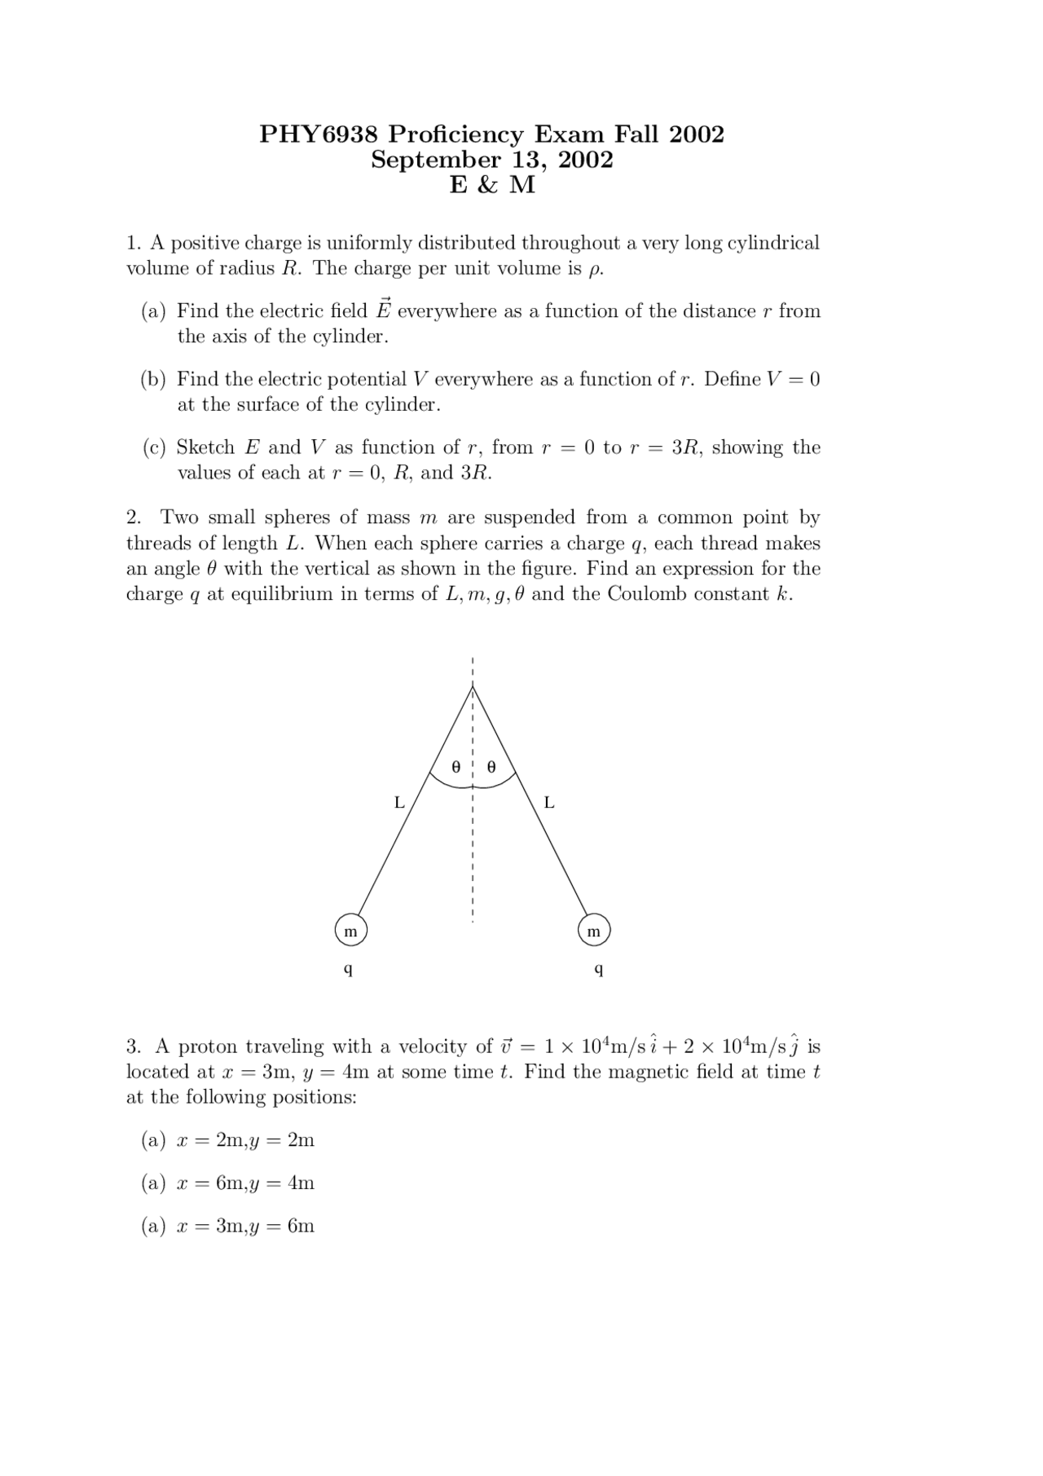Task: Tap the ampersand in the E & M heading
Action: pyautogui.click(x=487, y=186)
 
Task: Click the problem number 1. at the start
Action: pyautogui.click(x=134, y=243)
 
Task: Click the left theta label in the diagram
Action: pyautogui.click(x=456, y=767)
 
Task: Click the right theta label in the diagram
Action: pyautogui.click(x=491, y=767)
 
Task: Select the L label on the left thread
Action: pyautogui.click(x=399, y=803)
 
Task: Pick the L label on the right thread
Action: pyautogui.click(x=548, y=803)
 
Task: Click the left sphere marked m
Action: pyautogui.click(x=350, y=931)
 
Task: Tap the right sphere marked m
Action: pyautogui.click(x=593, y=931)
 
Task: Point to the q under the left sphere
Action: pyautogui.click(x=348, y=970)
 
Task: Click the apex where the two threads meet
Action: pyautogui.click(x=473, y=687)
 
